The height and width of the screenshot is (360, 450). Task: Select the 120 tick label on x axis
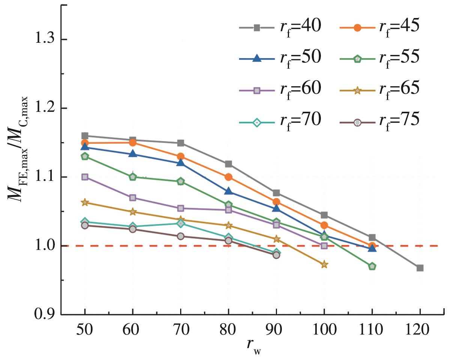[x=420, y=330]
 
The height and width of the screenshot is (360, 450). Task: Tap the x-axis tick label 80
[x=228, y=330]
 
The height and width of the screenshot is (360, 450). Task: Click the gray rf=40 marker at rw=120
[x=420, y=268]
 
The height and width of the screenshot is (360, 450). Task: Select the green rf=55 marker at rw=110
[x=372, y=266]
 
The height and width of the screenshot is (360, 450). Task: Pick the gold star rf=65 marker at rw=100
[x=324, y=265]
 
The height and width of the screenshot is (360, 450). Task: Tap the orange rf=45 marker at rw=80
[x=228, y=177]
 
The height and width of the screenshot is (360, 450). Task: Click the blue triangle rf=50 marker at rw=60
[x=132, y=154]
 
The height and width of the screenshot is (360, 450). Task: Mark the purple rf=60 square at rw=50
[x=85, y=177]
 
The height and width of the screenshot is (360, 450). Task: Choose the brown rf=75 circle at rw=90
[x=276, y=255]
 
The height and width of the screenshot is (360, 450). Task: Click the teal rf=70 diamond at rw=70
[x=181, y=223]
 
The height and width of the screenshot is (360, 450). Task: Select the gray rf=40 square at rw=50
[x=85, y=136]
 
